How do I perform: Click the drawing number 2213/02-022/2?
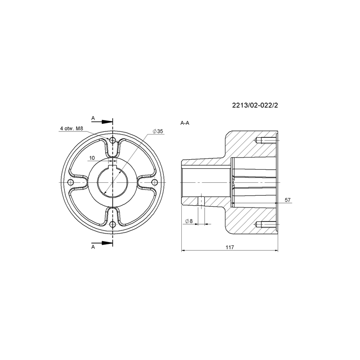pyautogui.click(x=255, y=105)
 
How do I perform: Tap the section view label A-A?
pyautogui.click(x=185, y=123)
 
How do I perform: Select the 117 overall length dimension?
pyautogui.click(x=229, y=247)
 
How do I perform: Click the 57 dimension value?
pyautogui.click(x=288, y=200)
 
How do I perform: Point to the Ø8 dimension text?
pyautogui.click(x=189, y=221)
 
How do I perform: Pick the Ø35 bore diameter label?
pyautogui.click(x=158, y=131)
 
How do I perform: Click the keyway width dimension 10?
pyautogui.click(x=92, y=158)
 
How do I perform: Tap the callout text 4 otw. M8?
pyautogui.click(x=72, y=128)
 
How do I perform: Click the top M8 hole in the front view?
pyautogui.click(x=112, y=140)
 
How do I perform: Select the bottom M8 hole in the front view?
pyautogui.click(x=112, y=224)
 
